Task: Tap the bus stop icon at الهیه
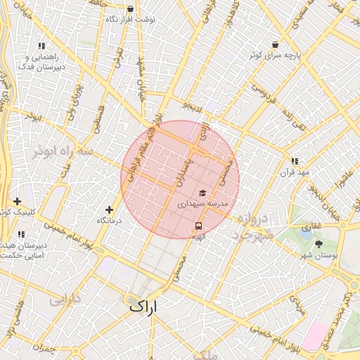pos(199,226)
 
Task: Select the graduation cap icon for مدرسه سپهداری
pos(202,193)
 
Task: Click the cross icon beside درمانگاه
pos(109,210)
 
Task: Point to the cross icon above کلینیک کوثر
pos(17,201)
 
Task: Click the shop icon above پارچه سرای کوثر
pos(274,44)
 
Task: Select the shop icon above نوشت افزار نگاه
pos(130,9)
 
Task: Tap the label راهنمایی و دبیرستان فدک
pos(49,61)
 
